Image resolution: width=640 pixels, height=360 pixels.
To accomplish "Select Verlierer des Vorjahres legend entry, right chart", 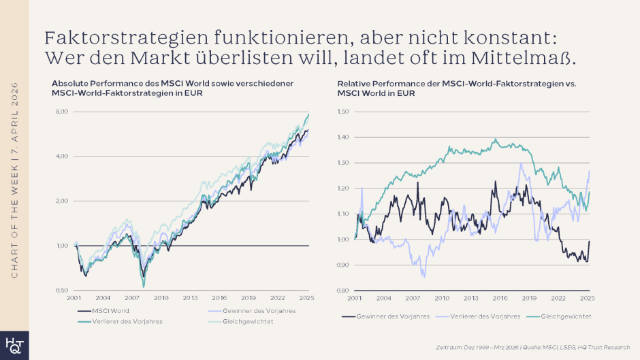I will (484, 316).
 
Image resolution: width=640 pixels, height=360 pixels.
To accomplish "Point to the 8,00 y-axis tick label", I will (61, 112).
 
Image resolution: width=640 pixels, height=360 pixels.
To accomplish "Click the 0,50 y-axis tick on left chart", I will (61, 290).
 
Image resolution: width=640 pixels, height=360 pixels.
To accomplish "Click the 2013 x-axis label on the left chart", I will (190, 298).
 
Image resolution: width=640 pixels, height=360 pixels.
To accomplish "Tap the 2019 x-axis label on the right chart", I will (530, 298).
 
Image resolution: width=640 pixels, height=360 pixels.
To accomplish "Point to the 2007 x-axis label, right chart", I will (413, 298).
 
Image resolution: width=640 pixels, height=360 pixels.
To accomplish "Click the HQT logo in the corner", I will (14, 345).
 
